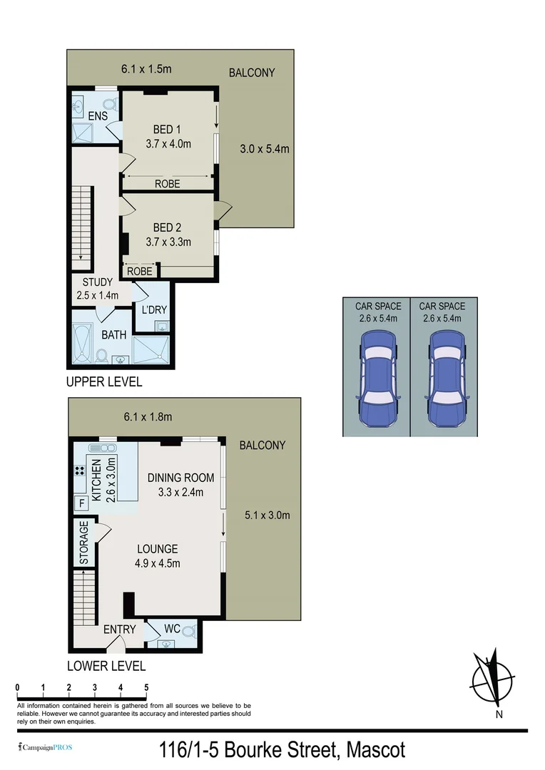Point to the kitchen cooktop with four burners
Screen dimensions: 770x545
[80, 471]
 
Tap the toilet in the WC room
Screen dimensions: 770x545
[188, 630]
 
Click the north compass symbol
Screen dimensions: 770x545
[491, 677]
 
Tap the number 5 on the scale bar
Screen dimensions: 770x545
[146, 687]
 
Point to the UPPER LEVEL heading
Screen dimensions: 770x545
[103, 381]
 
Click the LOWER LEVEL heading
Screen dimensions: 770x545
[106, 666]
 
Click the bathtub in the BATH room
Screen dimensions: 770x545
[85, 344]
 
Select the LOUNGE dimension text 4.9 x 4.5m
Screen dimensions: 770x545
[158, 563]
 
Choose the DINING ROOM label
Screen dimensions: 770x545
[180, 478]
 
